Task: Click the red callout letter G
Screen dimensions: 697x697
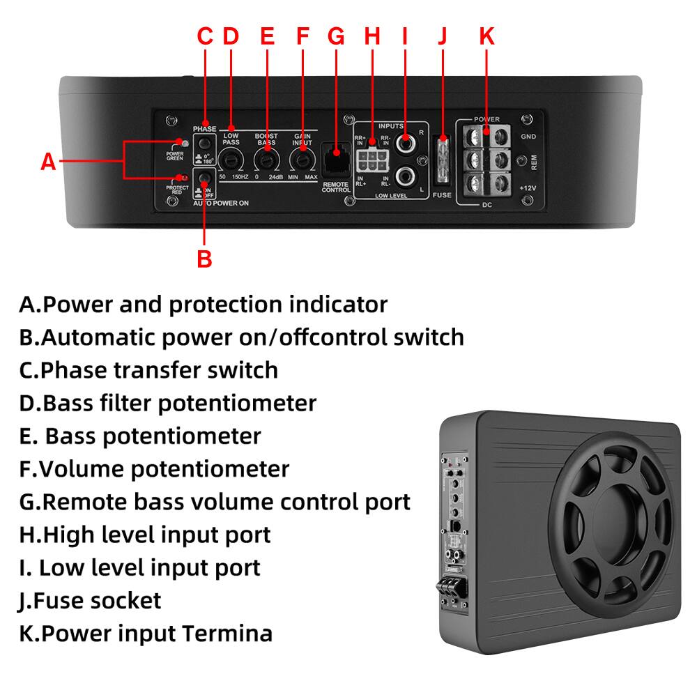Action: [x=336, y=36]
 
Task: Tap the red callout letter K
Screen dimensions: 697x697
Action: [x=487, y=36]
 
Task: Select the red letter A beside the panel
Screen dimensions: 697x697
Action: [x=47, y=162]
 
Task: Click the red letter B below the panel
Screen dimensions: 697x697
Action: [x=204, y=259]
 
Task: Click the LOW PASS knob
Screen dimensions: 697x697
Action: [x=231, y=161]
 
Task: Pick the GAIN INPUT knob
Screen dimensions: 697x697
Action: [x=302, y=161]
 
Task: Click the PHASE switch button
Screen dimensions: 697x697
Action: [x=204, y=143]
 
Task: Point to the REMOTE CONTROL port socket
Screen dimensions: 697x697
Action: [x=336, y=153]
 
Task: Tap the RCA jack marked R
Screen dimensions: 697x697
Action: [x=404, y=144]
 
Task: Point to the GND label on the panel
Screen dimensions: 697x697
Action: [x=528, y=137]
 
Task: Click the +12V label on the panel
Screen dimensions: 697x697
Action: [x=528, y=189]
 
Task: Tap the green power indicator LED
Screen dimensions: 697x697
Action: [x=184, y=142]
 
